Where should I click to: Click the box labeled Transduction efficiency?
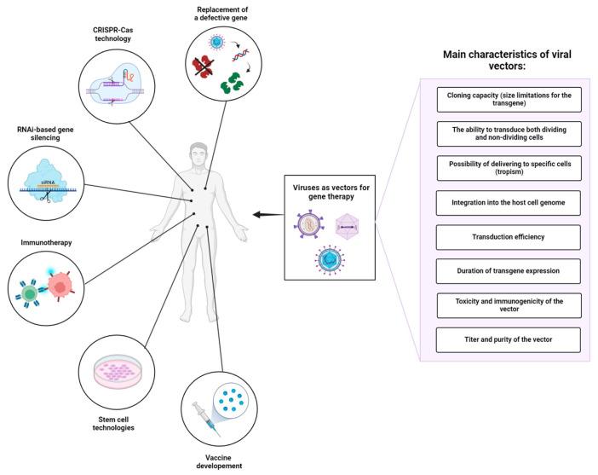[x=509, y=236]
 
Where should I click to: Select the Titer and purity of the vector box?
[x=509, y=340]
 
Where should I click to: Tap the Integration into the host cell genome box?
[x=509, y=202]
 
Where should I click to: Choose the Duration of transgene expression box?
[x=509, y=271]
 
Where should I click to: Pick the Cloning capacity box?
[x=509, y=99]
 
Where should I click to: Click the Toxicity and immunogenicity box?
[x=509, y=305]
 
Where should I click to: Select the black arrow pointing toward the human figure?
[x=269, y=216]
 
